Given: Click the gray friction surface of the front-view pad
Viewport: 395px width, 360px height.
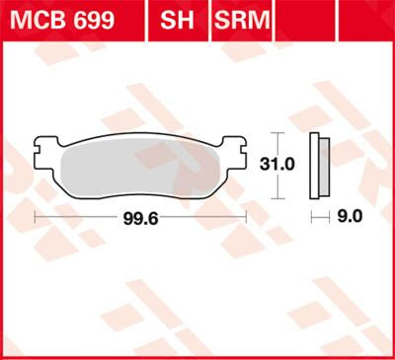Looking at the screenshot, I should click(x=140, y=168).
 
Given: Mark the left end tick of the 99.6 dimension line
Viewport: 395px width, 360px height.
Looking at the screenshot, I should click(x=36, y=215).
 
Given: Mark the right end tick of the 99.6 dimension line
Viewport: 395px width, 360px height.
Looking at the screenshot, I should click(x=246, y=215).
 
